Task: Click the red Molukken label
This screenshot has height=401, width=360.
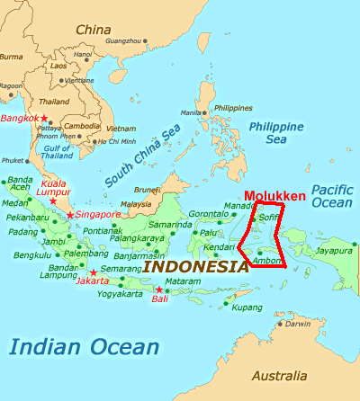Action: point(274,197)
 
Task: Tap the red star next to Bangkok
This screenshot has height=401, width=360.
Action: point(43,119)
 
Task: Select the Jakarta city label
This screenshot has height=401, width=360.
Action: point(94,281)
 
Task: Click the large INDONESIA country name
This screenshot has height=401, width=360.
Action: point(196,266)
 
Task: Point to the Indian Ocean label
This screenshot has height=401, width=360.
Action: point(85,345)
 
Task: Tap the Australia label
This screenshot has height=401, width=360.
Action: point(278,375)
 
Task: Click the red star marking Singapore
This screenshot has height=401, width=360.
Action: point(70,216)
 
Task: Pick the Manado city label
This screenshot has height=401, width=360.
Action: point(239,206)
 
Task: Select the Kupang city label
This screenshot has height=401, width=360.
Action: point(246,307)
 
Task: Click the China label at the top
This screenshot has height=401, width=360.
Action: point(93,30)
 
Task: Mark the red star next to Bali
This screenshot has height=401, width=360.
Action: point(158,290)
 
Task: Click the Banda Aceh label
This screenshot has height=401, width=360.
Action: point(19,184)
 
